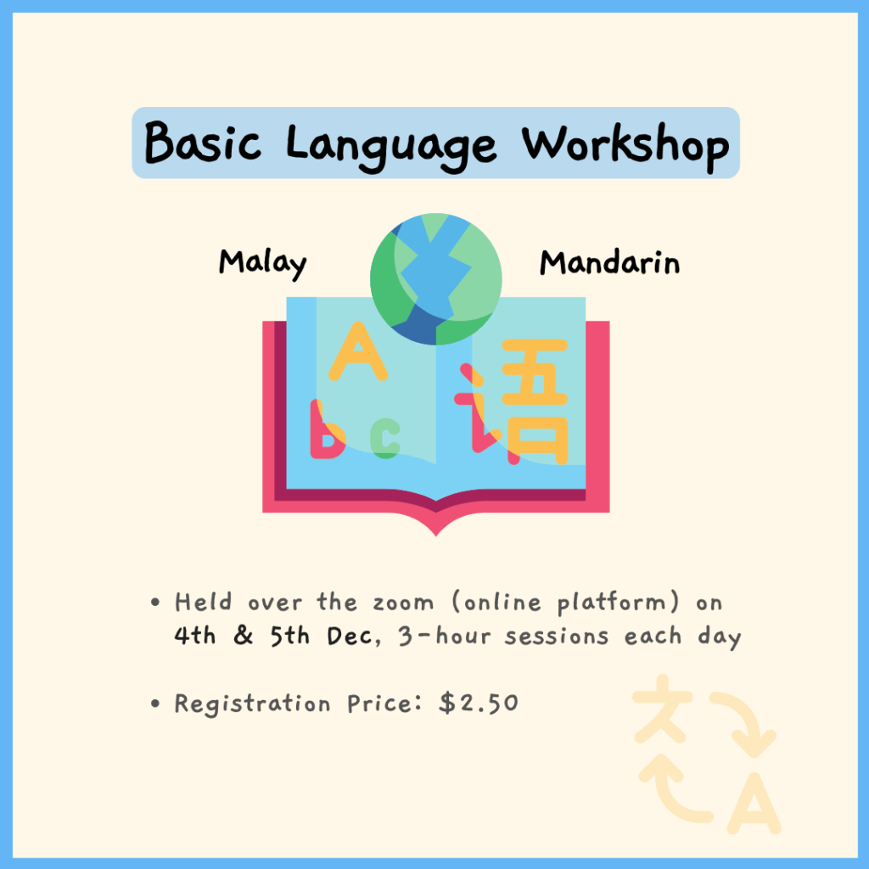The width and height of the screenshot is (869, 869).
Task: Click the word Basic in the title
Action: pos(202,142)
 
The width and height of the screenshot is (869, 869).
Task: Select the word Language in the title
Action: pos(391,146)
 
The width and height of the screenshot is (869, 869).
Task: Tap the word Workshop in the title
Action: pos(625,145)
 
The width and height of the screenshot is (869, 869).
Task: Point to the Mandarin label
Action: pos(609,262)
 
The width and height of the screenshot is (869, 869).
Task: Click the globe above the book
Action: pos(436,278)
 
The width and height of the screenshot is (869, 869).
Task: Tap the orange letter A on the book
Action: pos(358,351)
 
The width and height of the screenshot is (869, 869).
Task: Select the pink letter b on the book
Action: pos(328,429)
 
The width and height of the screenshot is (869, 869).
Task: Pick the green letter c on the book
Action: pos(385,438)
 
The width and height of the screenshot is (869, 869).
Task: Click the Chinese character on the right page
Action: pos(512,401)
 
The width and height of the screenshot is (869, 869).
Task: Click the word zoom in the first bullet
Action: pos(403,603)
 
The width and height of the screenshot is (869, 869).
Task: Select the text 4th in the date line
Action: pos(194,635)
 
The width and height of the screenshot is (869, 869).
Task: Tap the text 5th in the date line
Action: pos(290,635)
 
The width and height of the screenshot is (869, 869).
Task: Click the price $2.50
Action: pos(479,703)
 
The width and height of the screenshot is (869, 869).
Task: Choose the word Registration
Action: pos(252,704)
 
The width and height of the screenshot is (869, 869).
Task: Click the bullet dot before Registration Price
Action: pos(155,704)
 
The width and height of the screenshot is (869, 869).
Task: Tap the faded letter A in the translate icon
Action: pos(754,804)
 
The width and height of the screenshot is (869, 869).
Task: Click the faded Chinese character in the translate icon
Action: pos(663,709)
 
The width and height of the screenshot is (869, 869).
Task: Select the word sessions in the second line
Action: pos(557,636)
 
